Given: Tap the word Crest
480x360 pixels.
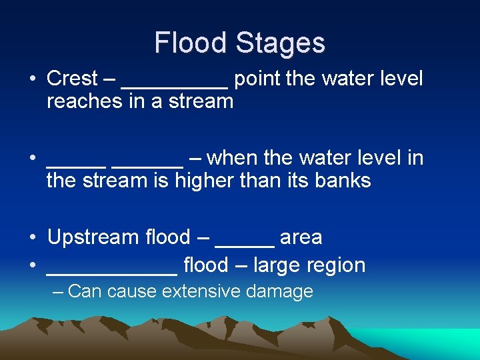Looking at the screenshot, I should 72,79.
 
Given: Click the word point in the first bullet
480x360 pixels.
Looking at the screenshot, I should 258,79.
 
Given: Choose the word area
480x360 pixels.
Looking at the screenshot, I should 301,237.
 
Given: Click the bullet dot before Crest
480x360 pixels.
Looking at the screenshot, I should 32,79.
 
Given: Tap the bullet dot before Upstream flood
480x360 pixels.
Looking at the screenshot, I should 32,238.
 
